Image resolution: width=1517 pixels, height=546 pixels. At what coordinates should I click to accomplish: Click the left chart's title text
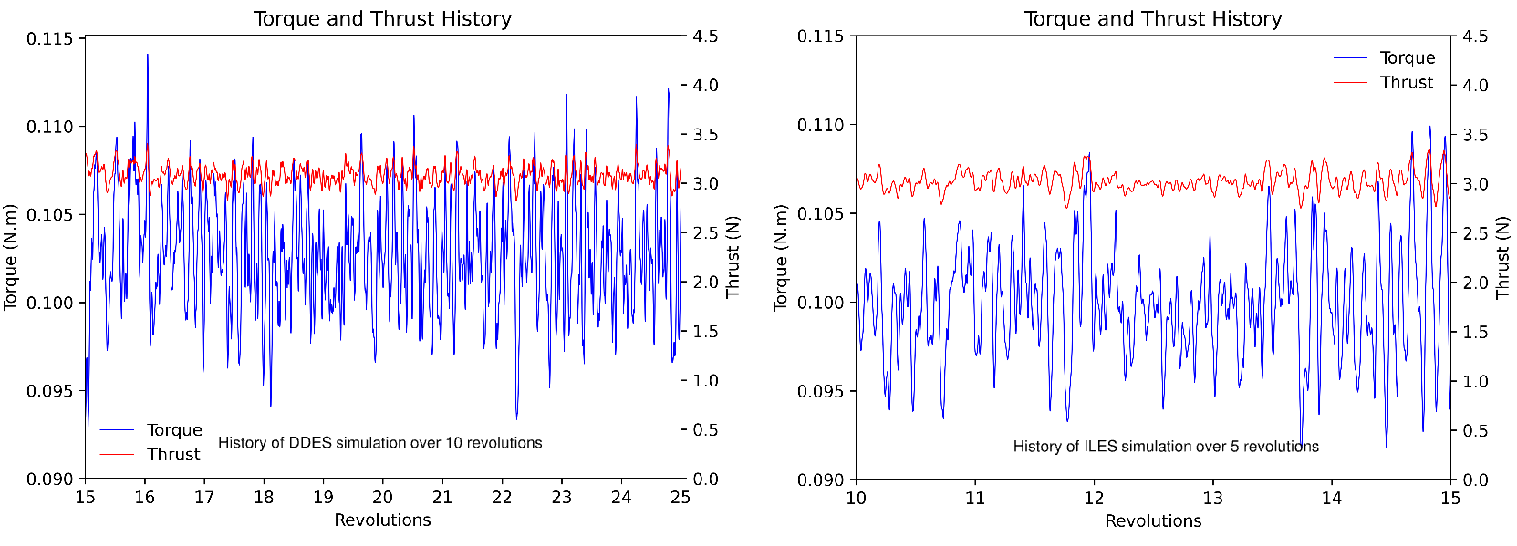382,18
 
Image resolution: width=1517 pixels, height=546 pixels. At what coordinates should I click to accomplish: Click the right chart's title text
1153,18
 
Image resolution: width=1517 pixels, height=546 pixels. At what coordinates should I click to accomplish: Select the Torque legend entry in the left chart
173,430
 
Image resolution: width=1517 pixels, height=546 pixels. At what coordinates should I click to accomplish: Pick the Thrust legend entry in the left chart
172,454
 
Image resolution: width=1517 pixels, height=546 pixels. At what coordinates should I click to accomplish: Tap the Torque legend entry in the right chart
1407,58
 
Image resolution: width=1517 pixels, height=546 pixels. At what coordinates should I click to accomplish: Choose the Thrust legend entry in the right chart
1406,82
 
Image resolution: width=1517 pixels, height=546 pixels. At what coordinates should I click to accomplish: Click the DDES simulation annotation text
379,443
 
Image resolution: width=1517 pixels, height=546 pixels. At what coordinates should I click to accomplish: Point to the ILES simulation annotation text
1166,447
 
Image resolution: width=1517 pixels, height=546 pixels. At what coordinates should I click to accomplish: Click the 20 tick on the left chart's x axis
382,498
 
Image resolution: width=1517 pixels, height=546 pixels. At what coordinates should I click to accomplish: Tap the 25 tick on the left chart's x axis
681,498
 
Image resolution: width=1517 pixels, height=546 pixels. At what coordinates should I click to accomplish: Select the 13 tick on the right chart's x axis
1212,499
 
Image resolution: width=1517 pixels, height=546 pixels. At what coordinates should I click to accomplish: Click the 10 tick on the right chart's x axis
856,499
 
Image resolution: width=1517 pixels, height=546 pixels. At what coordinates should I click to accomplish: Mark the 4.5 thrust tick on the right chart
1475,36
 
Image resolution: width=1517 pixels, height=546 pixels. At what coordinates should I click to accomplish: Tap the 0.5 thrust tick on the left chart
705,429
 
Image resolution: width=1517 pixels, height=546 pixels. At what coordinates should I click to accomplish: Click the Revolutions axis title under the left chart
382,520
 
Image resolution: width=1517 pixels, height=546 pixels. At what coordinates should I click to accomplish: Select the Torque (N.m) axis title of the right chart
781,257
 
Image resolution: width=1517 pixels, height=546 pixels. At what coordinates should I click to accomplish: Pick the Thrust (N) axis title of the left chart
733,257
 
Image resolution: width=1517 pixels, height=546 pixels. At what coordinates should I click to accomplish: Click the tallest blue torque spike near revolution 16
148,57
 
